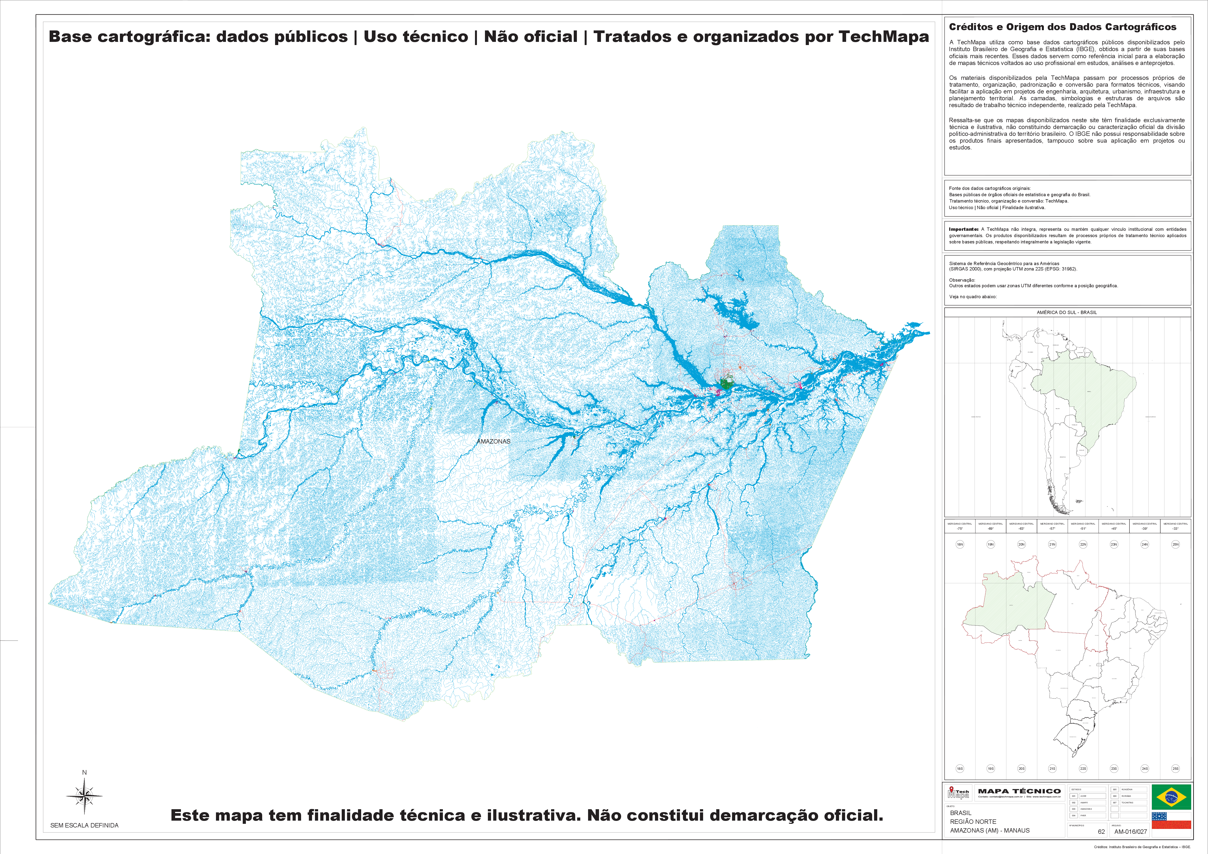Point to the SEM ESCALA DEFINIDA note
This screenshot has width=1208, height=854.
84,825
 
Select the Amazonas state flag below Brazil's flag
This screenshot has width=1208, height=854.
1171,820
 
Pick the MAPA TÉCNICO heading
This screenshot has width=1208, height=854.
1019,791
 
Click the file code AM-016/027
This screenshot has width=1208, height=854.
1131,831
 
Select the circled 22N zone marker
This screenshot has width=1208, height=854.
1083,544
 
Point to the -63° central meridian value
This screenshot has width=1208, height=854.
1021,528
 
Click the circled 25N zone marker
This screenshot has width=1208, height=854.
1175,544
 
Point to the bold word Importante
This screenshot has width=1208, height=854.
963,229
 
